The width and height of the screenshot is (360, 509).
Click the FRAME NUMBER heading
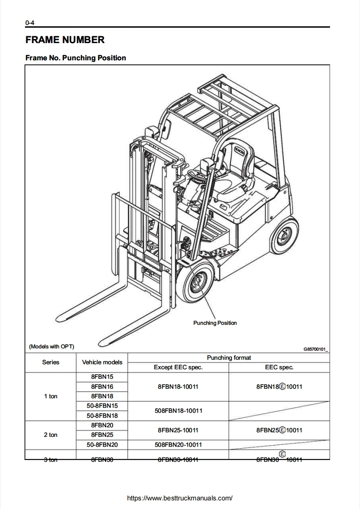pos(65,40)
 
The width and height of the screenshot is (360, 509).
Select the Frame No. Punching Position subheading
pos(76,58)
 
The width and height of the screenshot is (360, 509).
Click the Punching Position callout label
pos(215,323)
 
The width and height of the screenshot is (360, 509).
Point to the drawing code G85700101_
pos(316,349)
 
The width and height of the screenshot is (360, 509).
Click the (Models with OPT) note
pos(51,347)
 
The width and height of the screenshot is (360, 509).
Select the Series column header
pos(51,362)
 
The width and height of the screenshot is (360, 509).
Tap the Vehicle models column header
pos(102,362)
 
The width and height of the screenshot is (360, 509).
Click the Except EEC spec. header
pos(178,367)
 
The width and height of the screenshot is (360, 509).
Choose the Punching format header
pos(229,357)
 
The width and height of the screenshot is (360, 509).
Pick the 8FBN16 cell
pos(102,387)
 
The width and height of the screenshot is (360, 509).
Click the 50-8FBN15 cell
pos(102,406)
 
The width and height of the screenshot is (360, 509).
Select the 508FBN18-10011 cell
pos(178,411)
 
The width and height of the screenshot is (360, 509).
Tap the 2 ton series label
pos(51,435)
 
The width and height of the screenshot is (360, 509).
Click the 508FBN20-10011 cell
pos(178,445)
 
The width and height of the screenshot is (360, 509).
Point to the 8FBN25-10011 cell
pos(178,430)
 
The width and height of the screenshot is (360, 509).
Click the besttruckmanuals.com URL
pos(180,498)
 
